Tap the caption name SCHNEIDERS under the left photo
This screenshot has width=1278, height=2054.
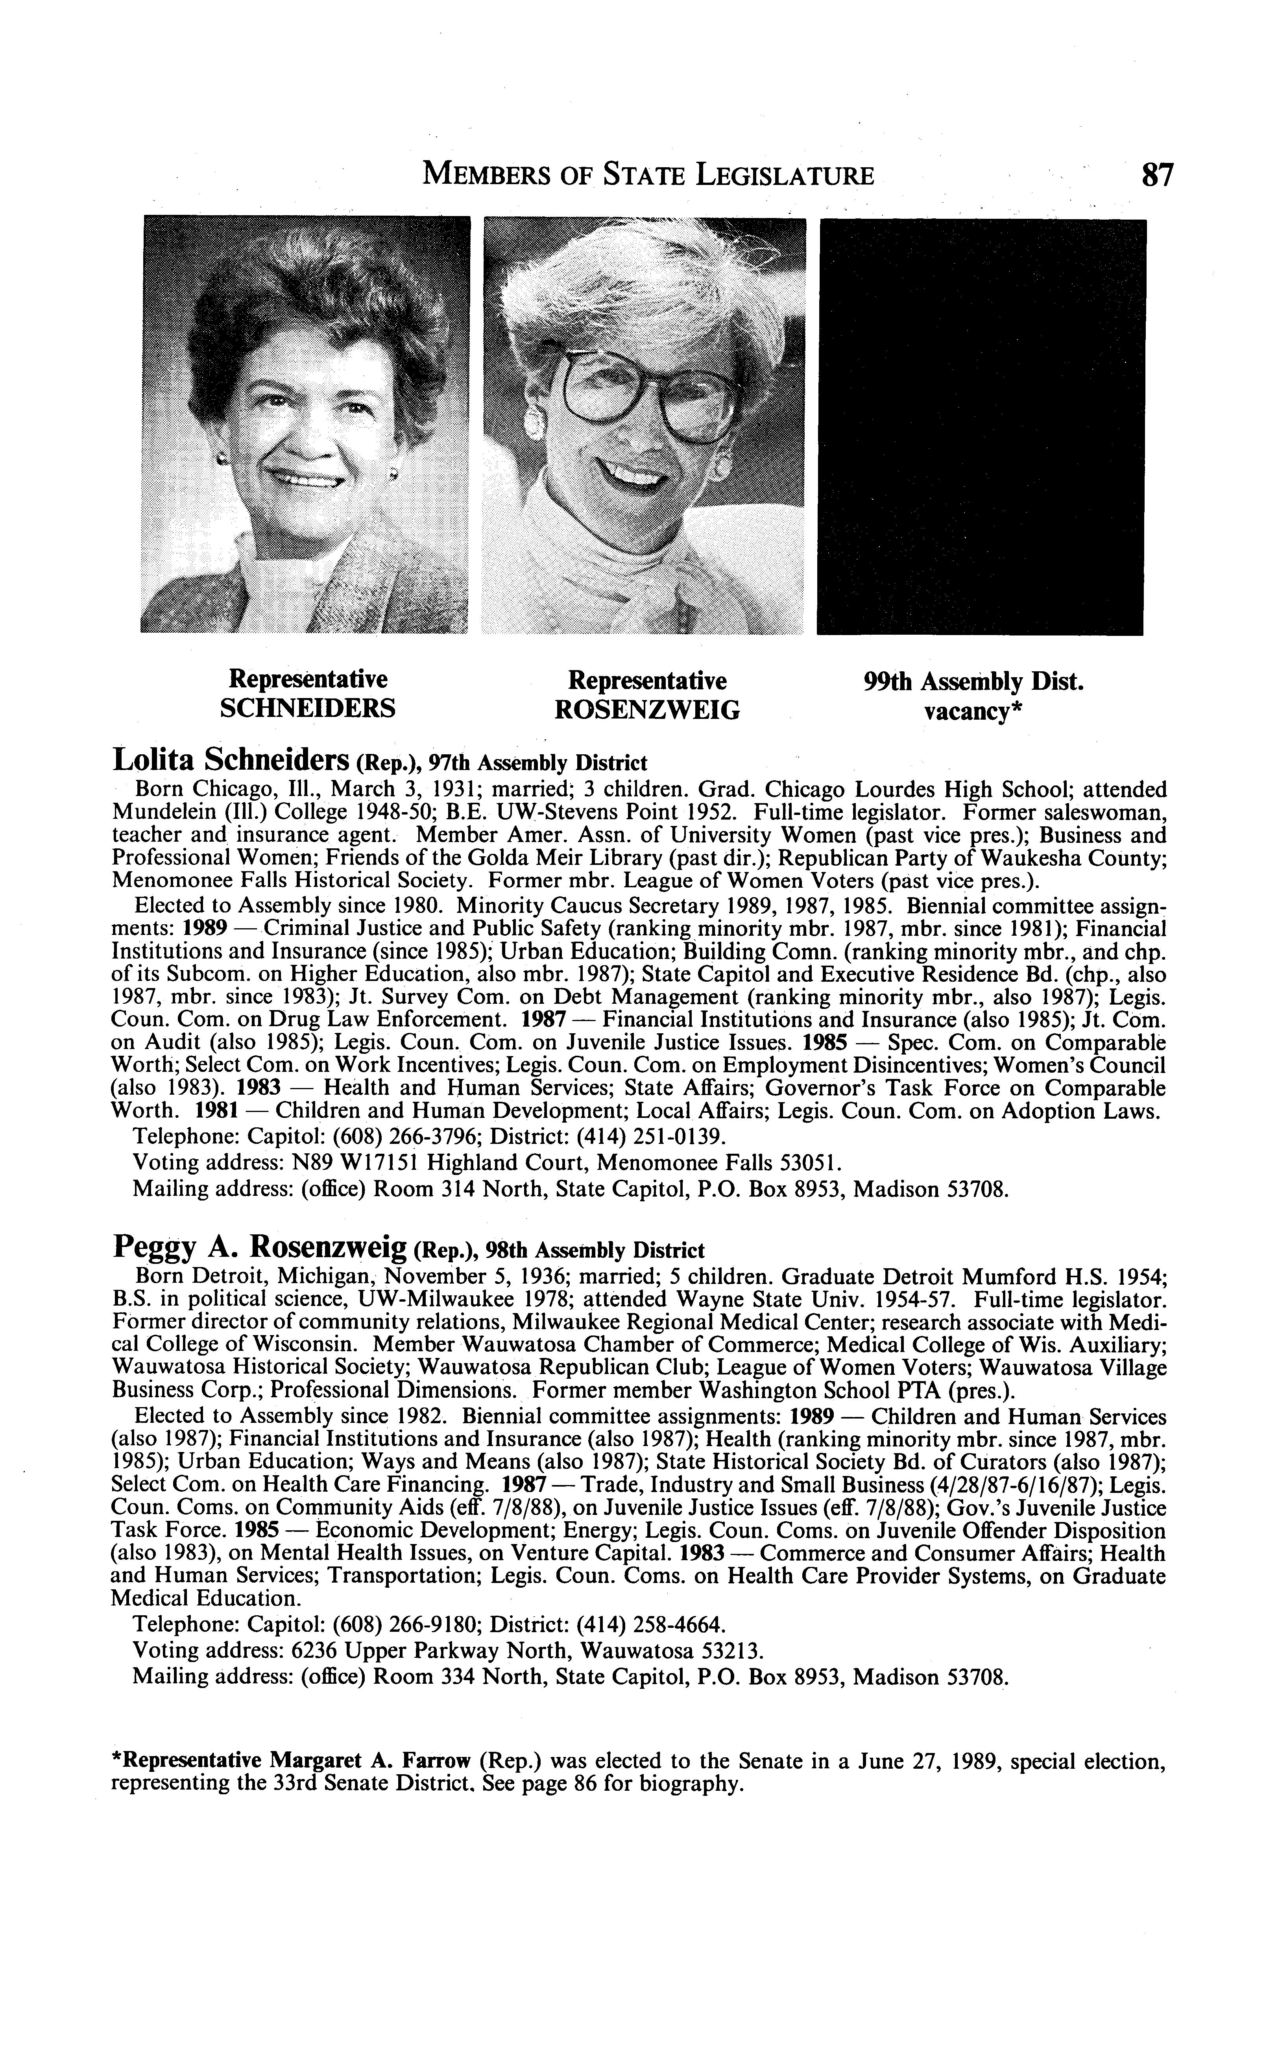point(308,708)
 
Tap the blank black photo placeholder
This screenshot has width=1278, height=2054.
point(981,427)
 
